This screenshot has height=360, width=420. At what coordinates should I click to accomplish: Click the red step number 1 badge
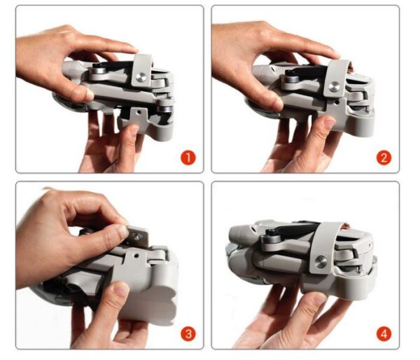[x=187, y=157]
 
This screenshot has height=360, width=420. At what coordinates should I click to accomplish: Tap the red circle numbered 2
[x=383, y=157]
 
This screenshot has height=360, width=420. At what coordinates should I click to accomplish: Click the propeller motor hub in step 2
[x=288, y=82]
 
